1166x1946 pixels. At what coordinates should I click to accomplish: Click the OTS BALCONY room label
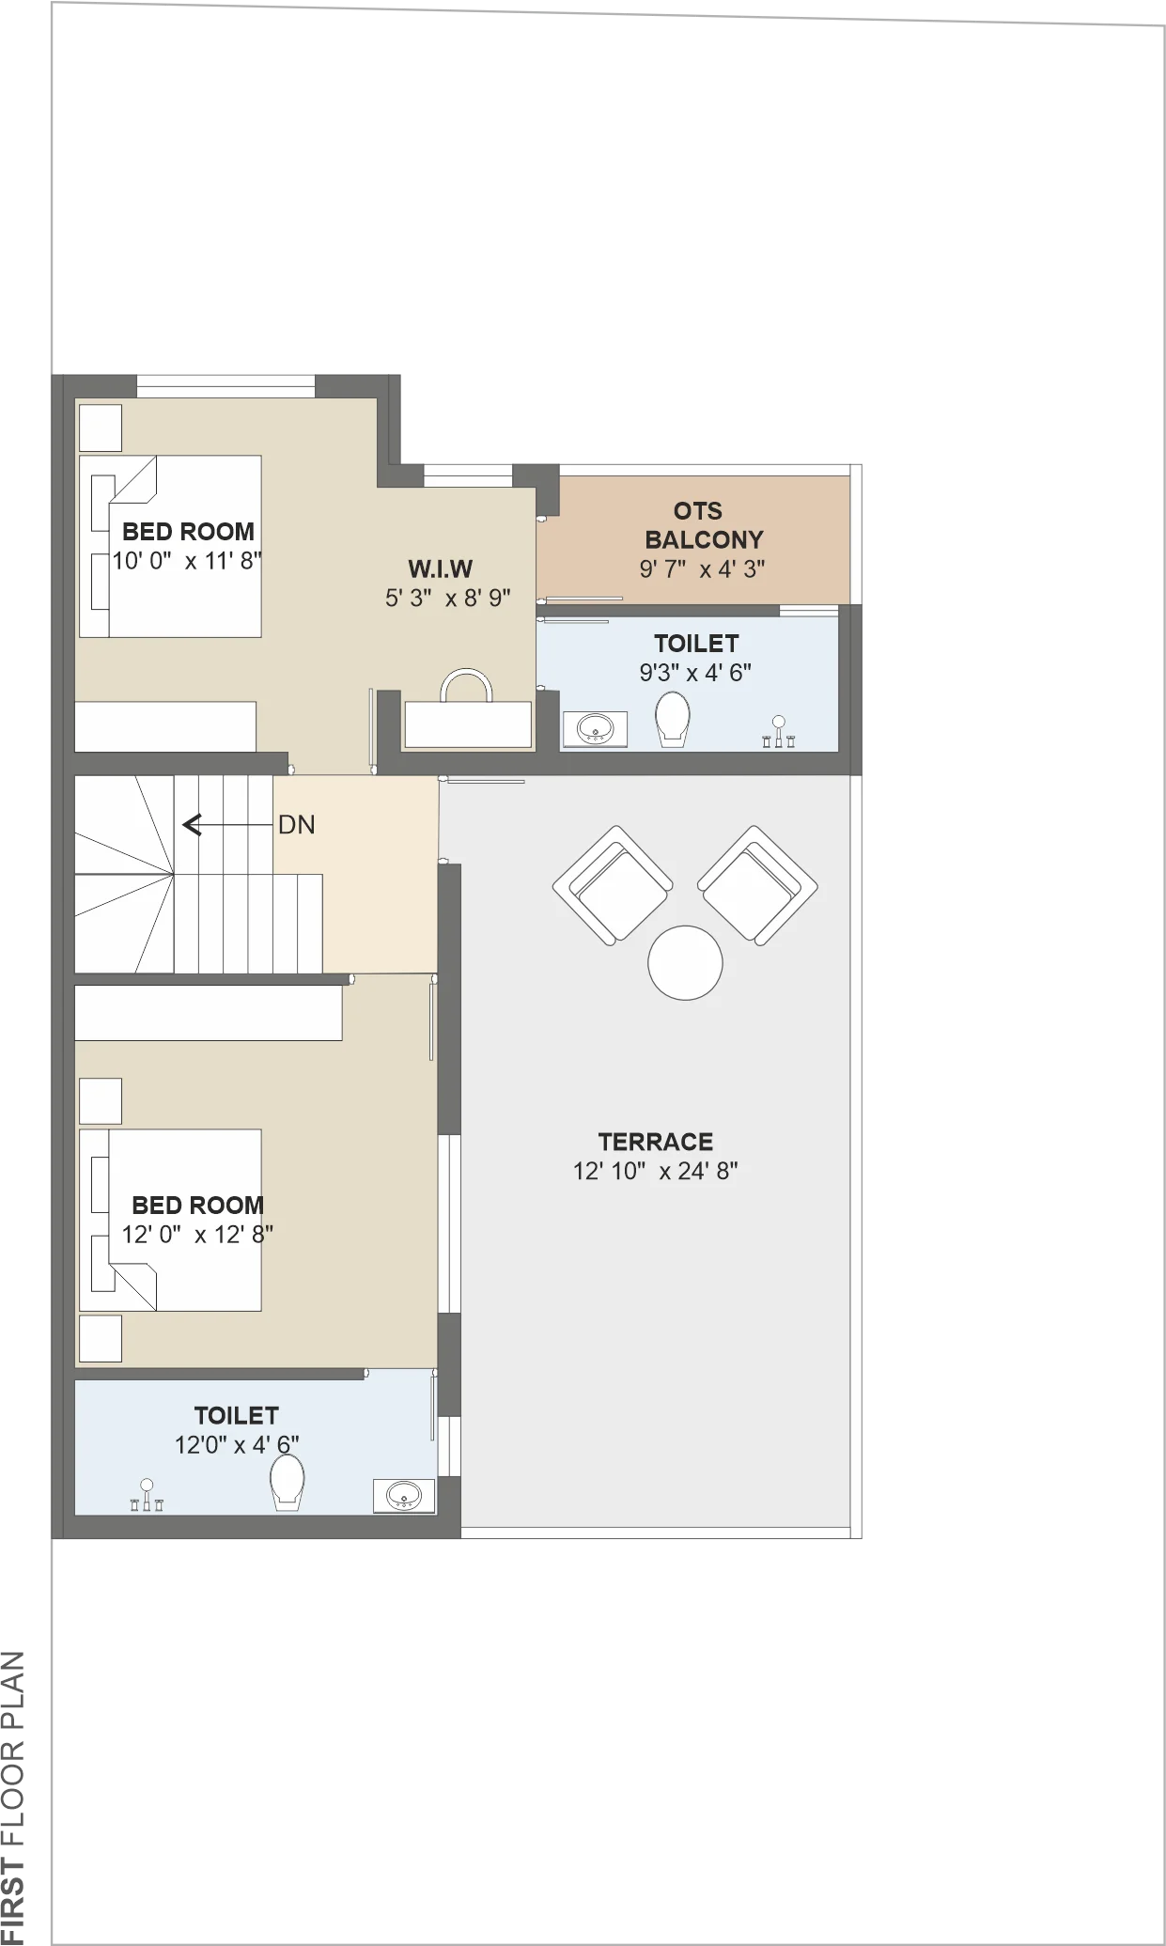click(704, 525)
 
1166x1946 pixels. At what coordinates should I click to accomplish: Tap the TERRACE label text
click(656, 1142)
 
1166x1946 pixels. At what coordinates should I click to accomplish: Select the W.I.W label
click(440, 568)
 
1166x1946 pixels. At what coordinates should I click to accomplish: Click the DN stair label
click(297, 825)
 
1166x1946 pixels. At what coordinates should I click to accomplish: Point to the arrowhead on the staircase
click(192, 825)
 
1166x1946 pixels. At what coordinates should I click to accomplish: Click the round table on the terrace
click(685, 962)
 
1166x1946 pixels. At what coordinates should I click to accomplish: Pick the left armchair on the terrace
click(613, 886)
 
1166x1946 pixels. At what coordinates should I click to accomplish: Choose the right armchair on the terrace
click(757, 885)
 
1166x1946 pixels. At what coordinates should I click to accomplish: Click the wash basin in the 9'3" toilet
click(594, 729)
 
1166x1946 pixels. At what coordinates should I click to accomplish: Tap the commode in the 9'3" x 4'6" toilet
click(672, 720)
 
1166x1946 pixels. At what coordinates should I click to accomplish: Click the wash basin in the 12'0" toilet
click(404, 1495)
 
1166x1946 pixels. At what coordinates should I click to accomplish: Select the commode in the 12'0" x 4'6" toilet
click(287, 1483)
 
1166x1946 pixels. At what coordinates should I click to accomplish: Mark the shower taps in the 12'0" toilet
click(147, 1495)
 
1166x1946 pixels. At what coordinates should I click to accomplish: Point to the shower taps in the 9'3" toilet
click(778, 731)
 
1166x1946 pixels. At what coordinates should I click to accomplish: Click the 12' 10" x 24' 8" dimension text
click(656, 1171)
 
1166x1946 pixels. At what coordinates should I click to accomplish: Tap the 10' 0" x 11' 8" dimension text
click(187, 561)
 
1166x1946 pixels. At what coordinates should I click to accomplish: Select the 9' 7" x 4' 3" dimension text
click(703, 568)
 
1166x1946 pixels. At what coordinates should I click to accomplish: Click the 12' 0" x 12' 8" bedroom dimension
click(197, 1234)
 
